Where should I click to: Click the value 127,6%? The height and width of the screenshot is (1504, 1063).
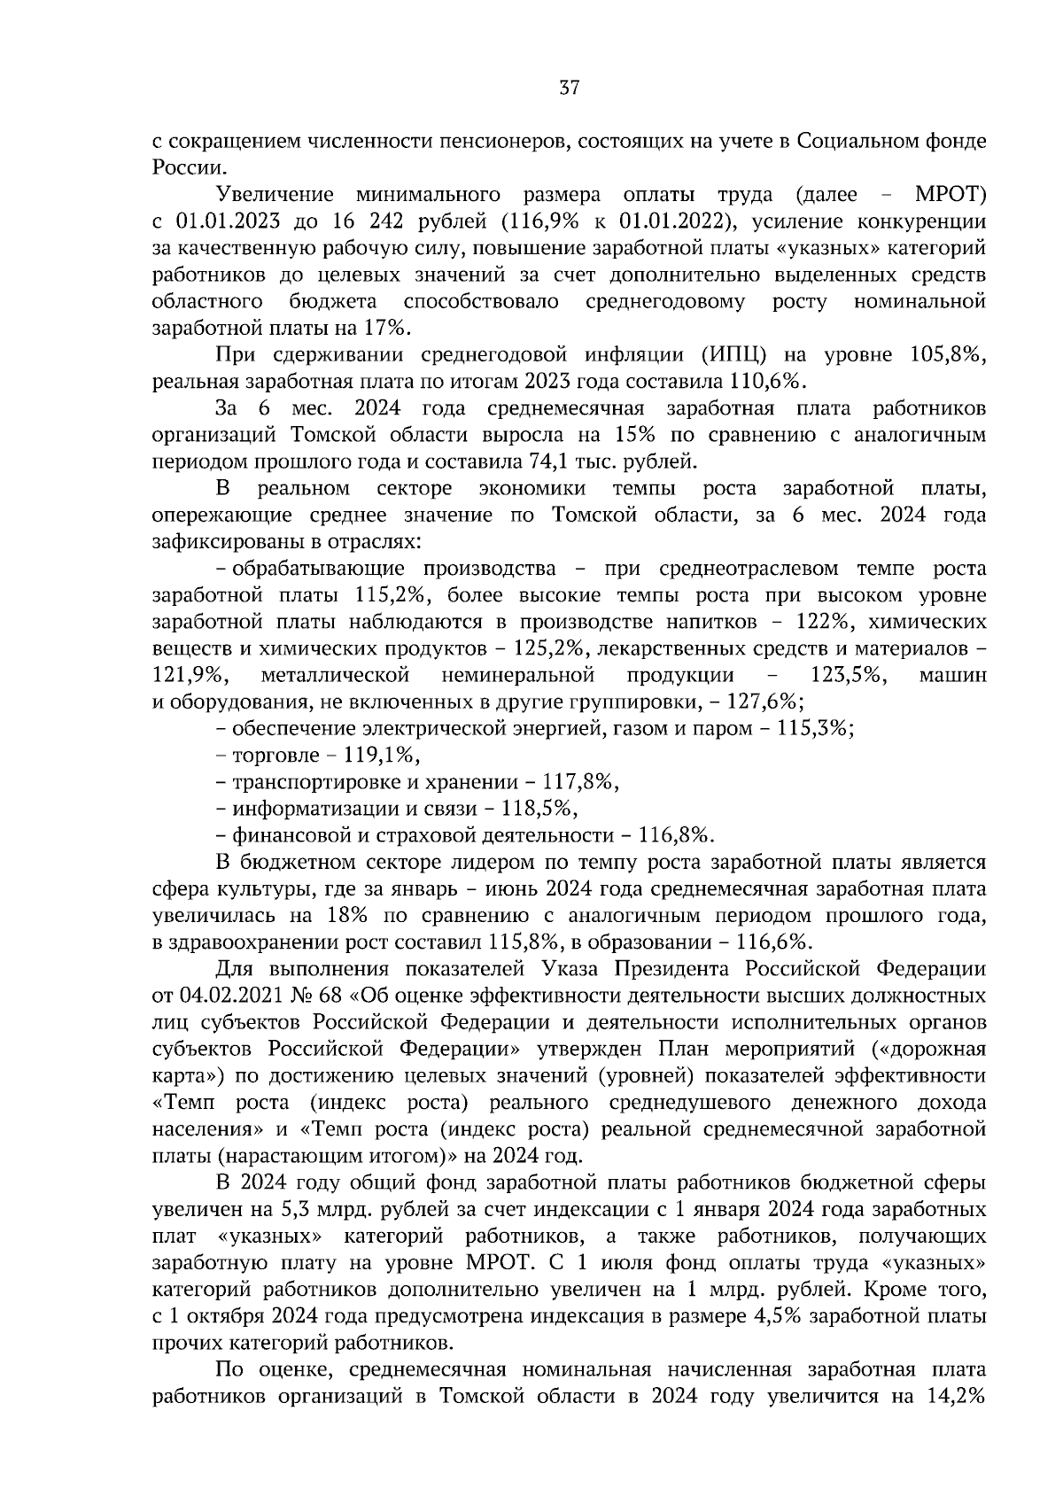[x=764, y=702]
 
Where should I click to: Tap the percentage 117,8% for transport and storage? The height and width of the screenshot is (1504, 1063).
[x=577, y=782]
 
